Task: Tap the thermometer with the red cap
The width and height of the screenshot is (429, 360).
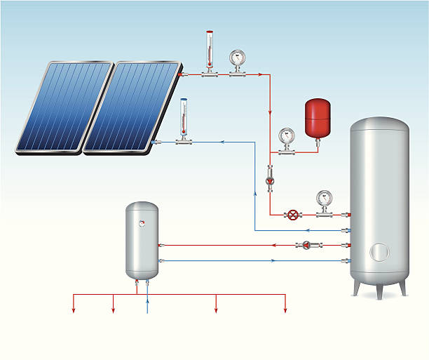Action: tap(208, 51)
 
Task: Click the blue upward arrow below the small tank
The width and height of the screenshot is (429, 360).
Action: tap(147, 303)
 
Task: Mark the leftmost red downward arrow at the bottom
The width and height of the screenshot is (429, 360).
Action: tap(74, 310)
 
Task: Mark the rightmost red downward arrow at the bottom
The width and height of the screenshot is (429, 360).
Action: tap(285, 310)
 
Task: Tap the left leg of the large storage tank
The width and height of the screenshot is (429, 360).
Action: tap(358, 288)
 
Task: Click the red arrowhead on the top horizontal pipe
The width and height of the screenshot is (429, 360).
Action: tap(261, 73)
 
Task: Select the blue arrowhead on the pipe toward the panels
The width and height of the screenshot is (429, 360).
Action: tap(222, 142)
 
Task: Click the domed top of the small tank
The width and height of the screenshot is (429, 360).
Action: tap(142, 208)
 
